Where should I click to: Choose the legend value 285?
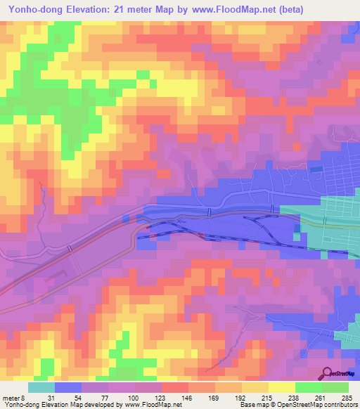[344, 397]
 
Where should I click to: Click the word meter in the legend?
[11, 397]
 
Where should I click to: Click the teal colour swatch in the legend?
[41, 387]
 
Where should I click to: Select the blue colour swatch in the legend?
[68, 387]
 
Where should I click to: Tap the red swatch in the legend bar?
[174, 387]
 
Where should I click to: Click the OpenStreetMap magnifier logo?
[329, 373]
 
